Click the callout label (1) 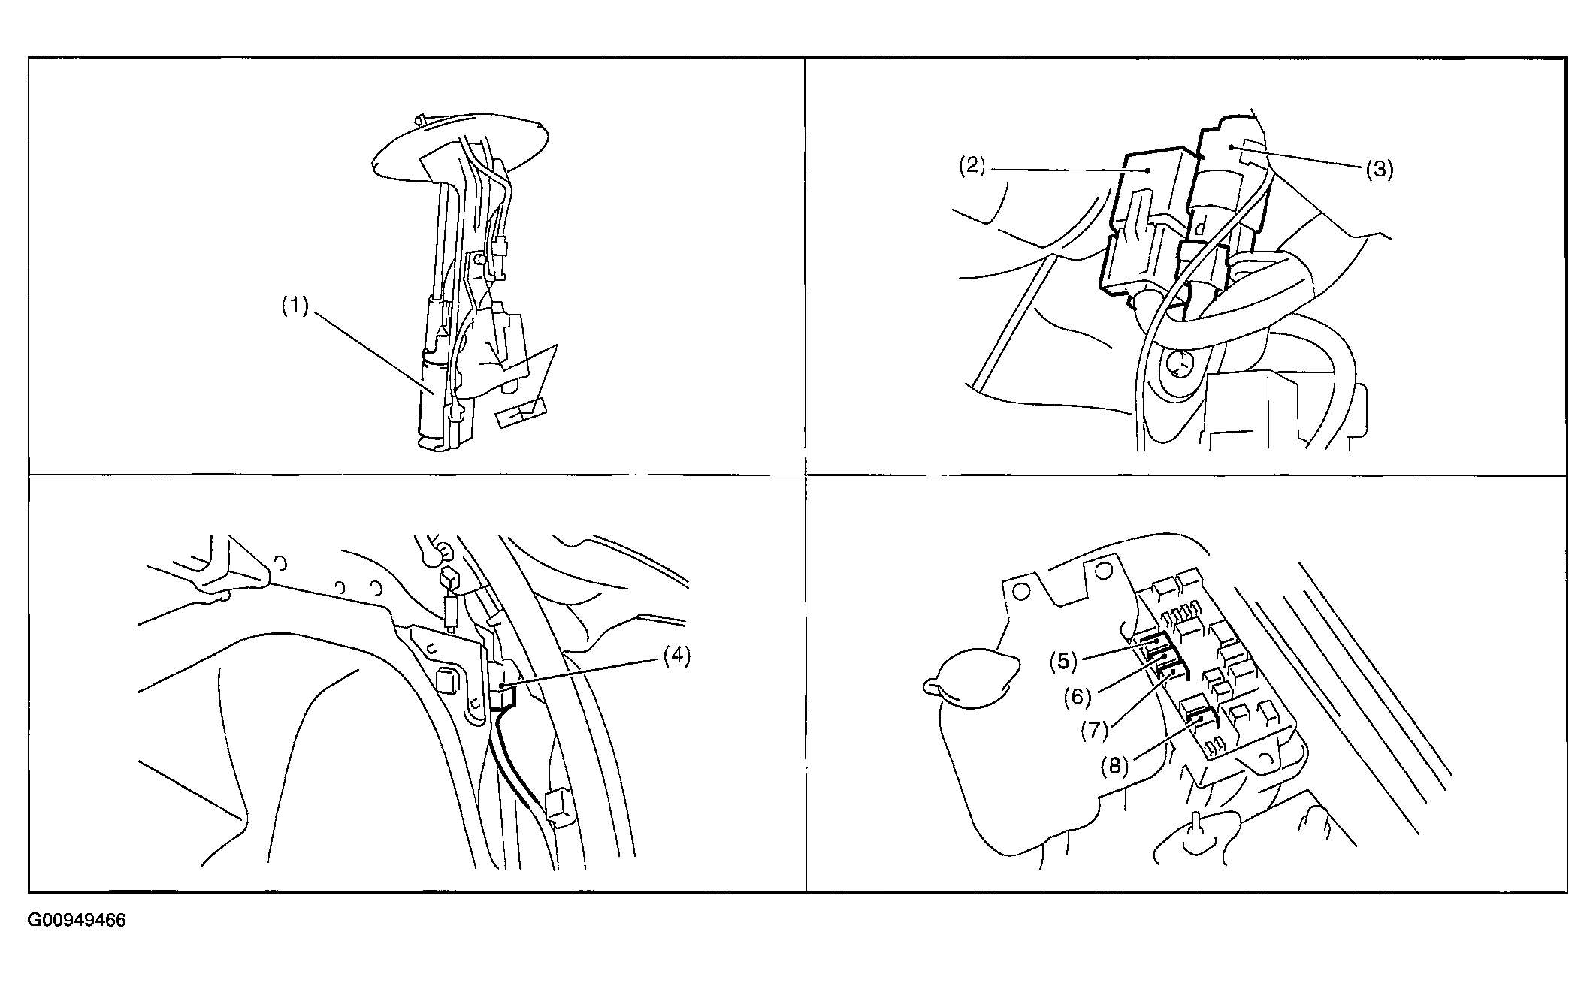click(295, 307)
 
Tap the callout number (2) click(972, 165)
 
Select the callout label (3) click(1380, 170)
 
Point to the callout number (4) click(676, 655)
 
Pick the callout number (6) click(1077, 697)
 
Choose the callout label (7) click(1095, 730)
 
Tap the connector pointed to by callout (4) click(503, 683)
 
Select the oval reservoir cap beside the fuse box click(969, 677)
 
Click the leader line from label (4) click(581, 673)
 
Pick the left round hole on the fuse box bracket click(1021, 591)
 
